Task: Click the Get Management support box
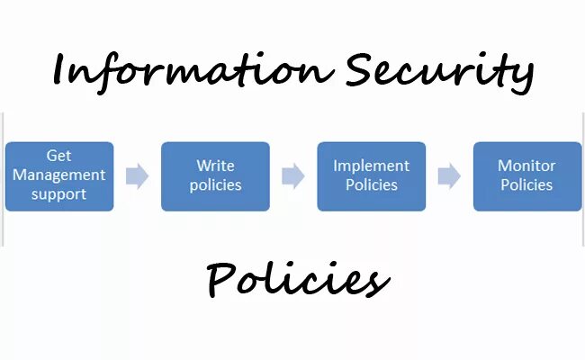coord(59,176)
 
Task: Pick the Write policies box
coord(215,176)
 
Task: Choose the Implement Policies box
coord(371,176)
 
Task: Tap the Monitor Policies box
coord(527,176)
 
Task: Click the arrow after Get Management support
coord(137,176)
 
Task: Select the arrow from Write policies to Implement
coord(293,176)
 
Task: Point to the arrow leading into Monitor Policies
coord(449,176)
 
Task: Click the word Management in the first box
coord(59,175)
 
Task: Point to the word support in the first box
coord(59,193)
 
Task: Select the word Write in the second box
coord(216,166)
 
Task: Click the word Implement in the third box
coord(371,166)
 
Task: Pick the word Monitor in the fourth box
coord(527,166)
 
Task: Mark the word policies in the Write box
coord(216,185)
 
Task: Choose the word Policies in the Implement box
coord(371,185)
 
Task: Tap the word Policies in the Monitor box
coord(527,185)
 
